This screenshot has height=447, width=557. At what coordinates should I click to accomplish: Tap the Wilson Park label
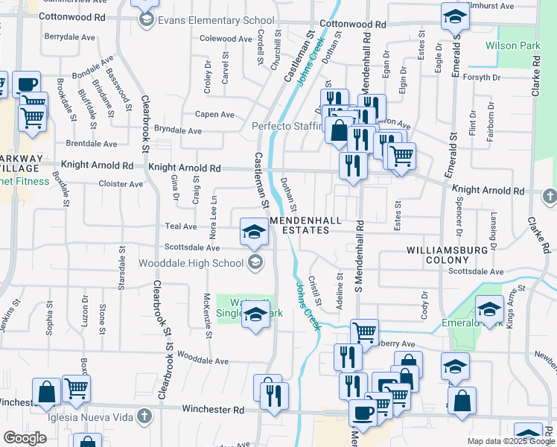click(512, 46)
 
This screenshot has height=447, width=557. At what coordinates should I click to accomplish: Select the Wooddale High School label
click(192, 262)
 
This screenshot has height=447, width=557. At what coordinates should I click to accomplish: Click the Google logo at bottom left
click(25, 438)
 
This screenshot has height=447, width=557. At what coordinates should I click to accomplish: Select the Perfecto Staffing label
click(287, 127)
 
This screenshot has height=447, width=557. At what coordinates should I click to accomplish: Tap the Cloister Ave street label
click(120, 183)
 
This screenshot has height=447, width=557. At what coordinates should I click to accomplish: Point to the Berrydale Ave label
click(70, 36)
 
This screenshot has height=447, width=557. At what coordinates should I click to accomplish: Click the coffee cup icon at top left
click(27, 83)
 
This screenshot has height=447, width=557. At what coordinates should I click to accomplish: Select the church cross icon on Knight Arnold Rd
click(550, 196)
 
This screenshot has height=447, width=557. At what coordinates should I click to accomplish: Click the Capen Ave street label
click(214, 115)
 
